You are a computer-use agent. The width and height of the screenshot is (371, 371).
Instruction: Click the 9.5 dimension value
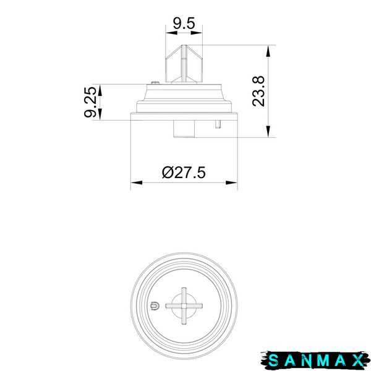tap(184, 23)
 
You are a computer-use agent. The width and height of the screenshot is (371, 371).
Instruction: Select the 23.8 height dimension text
tap(258, 92)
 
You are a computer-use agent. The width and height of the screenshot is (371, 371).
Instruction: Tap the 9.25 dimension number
tap(90, 102)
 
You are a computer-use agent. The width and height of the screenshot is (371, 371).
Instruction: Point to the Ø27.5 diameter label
tap(184, 173)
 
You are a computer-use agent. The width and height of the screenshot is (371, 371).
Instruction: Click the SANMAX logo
tap(315, 360)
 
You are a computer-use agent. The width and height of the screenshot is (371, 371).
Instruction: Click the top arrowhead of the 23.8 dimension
tap(268, 51)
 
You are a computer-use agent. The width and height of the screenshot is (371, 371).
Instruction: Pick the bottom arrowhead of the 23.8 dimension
tap(268, 131)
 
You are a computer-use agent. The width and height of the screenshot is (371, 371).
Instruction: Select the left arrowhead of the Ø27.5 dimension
tap(137, 182)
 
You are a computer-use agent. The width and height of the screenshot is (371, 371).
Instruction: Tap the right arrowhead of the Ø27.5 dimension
tap(231, 182)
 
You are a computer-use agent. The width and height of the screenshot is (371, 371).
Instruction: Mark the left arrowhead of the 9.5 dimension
tap(171, 33)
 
